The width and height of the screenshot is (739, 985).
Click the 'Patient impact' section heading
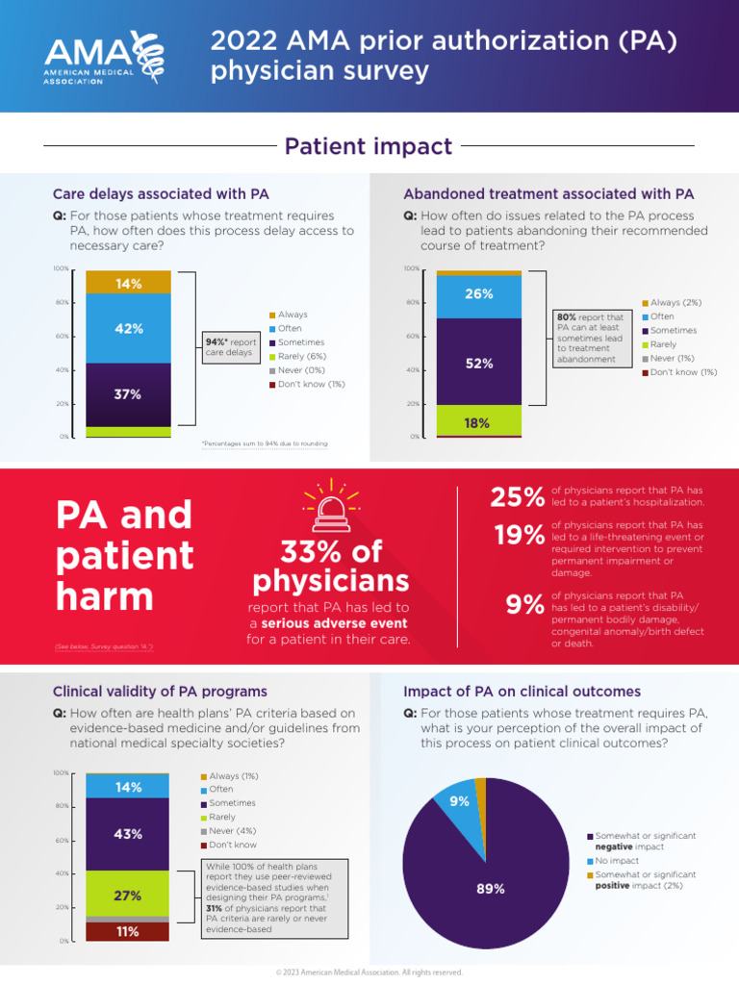pyautogui.click(x=369, y=146)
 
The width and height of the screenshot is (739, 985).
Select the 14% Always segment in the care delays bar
pyautogui.click(x=128, y=283)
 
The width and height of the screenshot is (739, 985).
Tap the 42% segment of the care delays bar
pyautogui.click(x=128, y=328)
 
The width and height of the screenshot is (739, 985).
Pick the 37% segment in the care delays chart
pyautogui.click(x=128, y=393)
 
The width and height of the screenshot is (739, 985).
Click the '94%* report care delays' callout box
pyautogui.click(x=231, y=347)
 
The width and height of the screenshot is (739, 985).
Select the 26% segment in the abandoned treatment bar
pyautogui.click(x=478, y=294)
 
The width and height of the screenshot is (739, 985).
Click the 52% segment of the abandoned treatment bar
pyautogui.click(x=478, y=363)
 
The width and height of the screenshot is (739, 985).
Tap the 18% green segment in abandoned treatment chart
pyautogui.click(x=478, y=421)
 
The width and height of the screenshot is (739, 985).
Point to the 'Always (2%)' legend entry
pyautogui.click(x=675, y=303)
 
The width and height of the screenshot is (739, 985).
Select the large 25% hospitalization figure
pyautogui.click(x=518, y=497)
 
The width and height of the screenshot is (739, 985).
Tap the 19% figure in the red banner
pyautogui.click(x=520, y=535)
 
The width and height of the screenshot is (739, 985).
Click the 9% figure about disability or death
pyautogui.click(x=525, y=605)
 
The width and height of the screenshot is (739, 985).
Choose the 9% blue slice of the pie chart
pyautogui.click(x=456, y=802)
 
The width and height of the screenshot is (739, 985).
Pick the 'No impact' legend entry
pyautogui.click(x=616, y=861)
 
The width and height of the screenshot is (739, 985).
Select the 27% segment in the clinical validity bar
pyautogui.click(x=128, y=895)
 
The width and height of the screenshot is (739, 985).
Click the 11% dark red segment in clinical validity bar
pyautogui.click(x=128, y=931)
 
